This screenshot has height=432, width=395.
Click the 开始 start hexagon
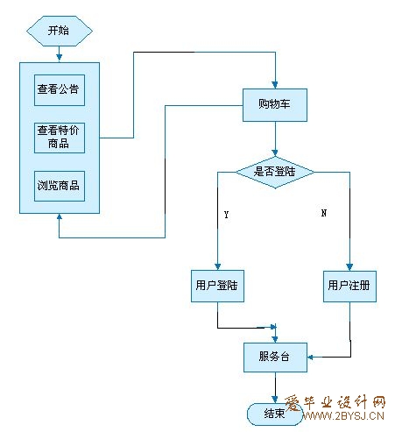pos(60,31)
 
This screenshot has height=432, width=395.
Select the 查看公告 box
pos(60,90)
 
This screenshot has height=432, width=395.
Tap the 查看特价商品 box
pos(60,138)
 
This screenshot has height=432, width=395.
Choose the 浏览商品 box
pos(60,186)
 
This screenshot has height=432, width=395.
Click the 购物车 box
pos(275,105)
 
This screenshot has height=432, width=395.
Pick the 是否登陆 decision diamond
pos(275,173)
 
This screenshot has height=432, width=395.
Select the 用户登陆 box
pos(217,286)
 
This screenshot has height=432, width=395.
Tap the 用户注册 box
pos(349,287)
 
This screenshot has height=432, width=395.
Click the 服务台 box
pos(275,358)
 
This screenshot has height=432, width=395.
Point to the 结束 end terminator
pos(275,414)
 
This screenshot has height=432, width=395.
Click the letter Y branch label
pos(227,215)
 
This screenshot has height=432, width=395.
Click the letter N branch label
pos(324,213)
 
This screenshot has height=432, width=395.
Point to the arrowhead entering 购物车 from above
pos(275,85)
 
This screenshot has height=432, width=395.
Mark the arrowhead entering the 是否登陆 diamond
pos(275,152)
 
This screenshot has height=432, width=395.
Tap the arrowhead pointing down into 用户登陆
pos(217,266)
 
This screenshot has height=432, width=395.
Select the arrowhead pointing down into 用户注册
pos(349,267)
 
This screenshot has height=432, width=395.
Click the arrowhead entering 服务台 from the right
pos(310,357)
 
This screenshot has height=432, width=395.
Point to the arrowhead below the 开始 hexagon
pos(60,57)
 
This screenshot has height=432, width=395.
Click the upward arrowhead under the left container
pos(60,216)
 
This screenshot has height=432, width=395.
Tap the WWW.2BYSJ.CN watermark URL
pos(343,416)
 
